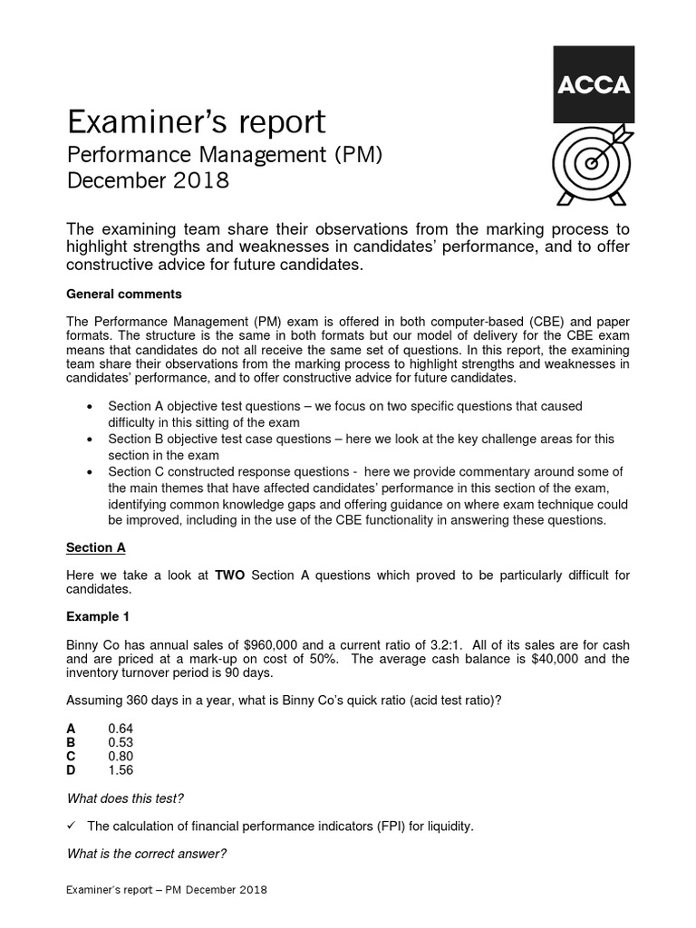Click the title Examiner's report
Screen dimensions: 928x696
(x=196, y=121)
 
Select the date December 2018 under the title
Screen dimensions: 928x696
(x=149, y=180)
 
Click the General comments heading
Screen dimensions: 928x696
(x=125, y=294)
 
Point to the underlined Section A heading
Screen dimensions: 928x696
(x=96, y=547)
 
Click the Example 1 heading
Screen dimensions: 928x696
(x=99, y=616)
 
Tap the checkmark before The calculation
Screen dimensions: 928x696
(x=72, y=826)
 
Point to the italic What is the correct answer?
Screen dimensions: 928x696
(x=147, y=854)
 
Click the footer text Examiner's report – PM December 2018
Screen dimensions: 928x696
(x=167, y=891)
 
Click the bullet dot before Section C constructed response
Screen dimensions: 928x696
(x=89, y=471)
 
